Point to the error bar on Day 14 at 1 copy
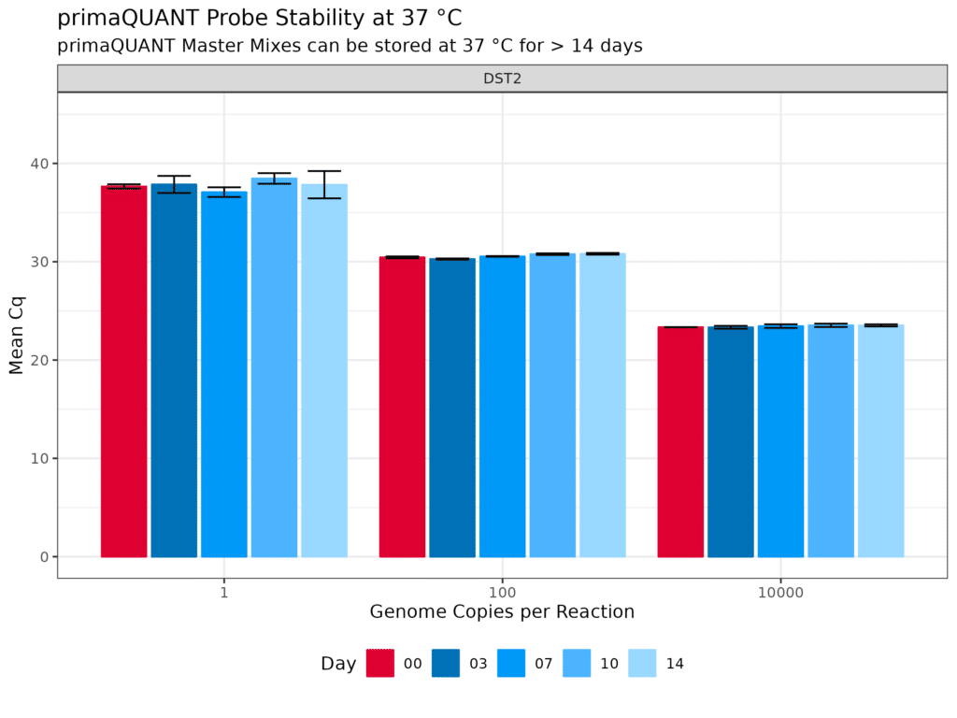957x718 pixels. click(324, 184)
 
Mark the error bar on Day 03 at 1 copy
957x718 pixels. click(174, 184)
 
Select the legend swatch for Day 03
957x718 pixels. click(446, 663)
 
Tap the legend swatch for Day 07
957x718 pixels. click(511, 663)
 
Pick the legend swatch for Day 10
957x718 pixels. click(577, 663)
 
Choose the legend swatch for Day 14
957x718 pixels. click(642, 663)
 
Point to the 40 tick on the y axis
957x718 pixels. click(38, 164)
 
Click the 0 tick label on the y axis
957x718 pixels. click(43, 557)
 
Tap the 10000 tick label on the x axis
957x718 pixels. click(780, 592)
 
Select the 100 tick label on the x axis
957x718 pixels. click(502, 592)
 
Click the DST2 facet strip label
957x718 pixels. click(502, 79)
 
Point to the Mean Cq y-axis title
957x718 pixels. click(16, 334)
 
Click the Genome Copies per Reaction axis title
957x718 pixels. click(502, 612)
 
